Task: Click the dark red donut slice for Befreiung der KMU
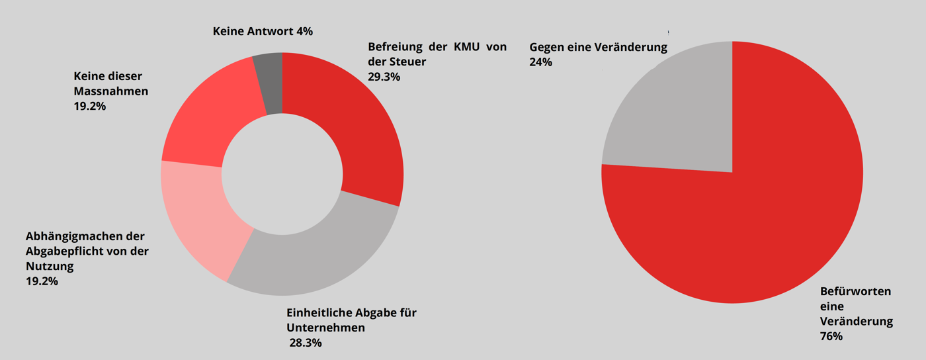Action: pos(357,126)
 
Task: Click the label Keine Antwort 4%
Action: pos(263,31)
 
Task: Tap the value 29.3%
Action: pos(384,76)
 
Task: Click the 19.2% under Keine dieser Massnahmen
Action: pos(90,105)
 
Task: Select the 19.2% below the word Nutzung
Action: pos(42,281)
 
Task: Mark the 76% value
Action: pos(831,336)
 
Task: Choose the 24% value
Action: pos(540,62)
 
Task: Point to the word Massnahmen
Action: pos(111,91)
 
